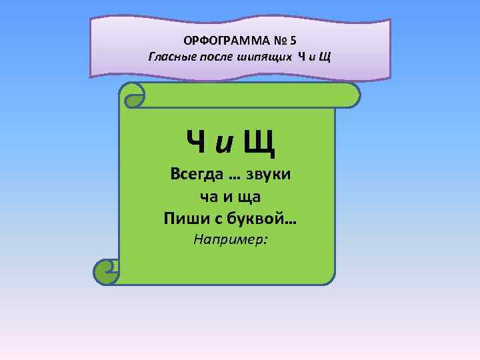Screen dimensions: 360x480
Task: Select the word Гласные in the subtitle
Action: click(169, 55)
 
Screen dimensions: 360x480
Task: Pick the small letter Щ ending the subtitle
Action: click(325, 55)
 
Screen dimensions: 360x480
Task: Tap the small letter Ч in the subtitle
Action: click(302, 55)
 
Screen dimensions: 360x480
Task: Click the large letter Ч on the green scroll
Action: click(196, 141)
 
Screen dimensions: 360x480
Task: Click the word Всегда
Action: click(193, 175)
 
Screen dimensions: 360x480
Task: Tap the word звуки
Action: click(273, 175)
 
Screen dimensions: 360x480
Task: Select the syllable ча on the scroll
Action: click(208, 197)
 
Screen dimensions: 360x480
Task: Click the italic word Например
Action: click(230, 239)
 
